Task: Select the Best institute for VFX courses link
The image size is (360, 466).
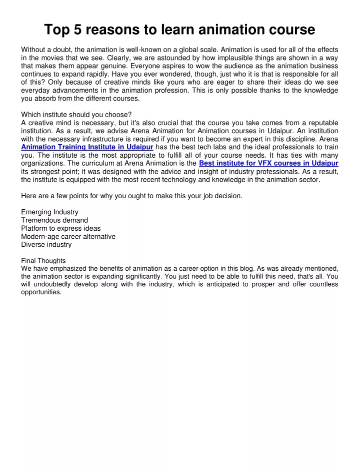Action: click(x=268, y=163)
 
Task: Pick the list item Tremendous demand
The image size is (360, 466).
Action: click(x=54, y=220)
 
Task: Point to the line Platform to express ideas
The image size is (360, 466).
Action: click(x=60, y=228)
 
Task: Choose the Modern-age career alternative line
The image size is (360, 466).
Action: click(x=68, y=236)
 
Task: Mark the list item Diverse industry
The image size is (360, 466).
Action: click(x=46, y=245)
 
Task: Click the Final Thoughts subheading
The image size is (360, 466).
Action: click(x=43, y=261)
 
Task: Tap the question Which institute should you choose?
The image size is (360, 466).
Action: click(x=76, y=115)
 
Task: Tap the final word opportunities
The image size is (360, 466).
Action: click(x=41, y=293)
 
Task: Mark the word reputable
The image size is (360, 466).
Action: click(x=320, y=123)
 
